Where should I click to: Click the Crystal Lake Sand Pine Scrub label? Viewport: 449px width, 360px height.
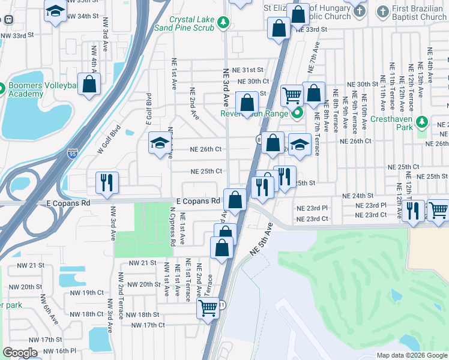tap(191, 23)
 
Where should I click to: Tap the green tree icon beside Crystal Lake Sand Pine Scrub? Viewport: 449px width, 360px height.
tap(223, 23)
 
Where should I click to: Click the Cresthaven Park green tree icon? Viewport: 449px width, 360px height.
tap(422, 123)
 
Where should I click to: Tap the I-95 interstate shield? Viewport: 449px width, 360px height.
tap(73, 154)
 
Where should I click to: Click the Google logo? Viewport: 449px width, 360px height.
tap(20, 352)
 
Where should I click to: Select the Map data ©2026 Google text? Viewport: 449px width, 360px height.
tap(411, 355)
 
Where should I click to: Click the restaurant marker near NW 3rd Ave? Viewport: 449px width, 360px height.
tap(107, 182)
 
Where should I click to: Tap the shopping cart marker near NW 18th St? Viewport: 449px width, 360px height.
tap(208, 309)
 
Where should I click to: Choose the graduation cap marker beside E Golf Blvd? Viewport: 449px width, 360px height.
tap(160, 143)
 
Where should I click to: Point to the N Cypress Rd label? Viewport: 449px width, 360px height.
tap(173, 227)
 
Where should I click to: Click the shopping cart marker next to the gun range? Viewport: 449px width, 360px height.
tap(291, 95)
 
